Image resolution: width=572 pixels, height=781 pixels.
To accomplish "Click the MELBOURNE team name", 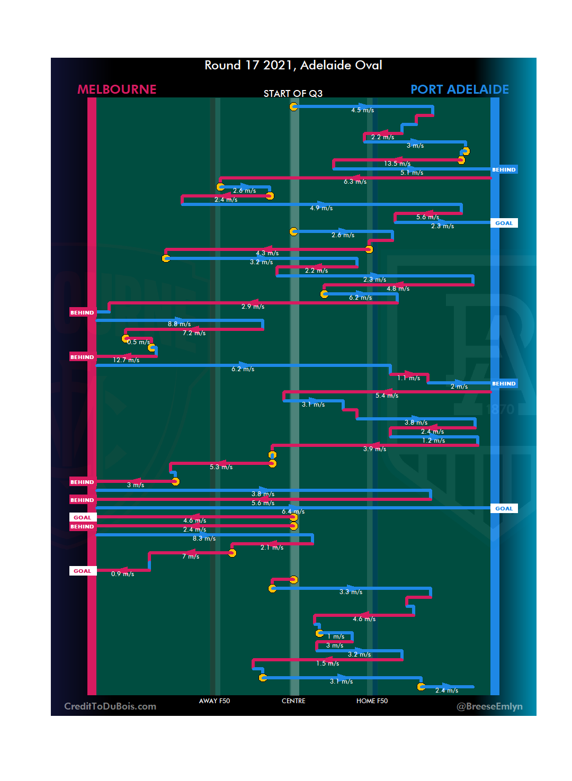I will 117,89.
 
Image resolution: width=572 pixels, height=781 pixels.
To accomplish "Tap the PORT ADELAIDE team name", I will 460,89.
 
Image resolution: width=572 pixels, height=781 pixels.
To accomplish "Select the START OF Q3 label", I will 293,94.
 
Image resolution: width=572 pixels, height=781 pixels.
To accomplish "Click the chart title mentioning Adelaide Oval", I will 293,65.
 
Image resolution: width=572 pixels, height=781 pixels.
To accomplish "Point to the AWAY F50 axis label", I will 215,701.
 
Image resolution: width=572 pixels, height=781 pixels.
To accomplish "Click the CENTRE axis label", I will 293,701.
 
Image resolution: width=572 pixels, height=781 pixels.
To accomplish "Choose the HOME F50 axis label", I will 372,701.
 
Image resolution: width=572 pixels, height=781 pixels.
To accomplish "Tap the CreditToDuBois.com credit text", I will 110,706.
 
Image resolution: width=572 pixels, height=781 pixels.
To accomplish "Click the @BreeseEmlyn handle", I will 489,706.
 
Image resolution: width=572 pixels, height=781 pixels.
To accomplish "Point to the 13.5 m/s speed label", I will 397,164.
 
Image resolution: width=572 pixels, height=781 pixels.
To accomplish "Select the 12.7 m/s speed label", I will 126,360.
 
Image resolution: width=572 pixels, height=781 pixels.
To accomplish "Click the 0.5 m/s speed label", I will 138,342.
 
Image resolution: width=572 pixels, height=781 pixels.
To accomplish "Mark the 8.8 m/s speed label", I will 180,324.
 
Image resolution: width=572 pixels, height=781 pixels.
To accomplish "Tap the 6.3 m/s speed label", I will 355,182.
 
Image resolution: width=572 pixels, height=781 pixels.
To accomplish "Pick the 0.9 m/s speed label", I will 122,574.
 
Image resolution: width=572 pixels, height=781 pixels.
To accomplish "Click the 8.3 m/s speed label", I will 204,538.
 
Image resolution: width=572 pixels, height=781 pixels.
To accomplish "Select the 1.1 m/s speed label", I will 409,378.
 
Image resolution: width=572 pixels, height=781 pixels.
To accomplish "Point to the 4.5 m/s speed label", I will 363,110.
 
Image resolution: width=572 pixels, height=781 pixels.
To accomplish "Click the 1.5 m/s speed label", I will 328,663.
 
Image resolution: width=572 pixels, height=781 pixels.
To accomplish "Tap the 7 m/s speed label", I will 191,556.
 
